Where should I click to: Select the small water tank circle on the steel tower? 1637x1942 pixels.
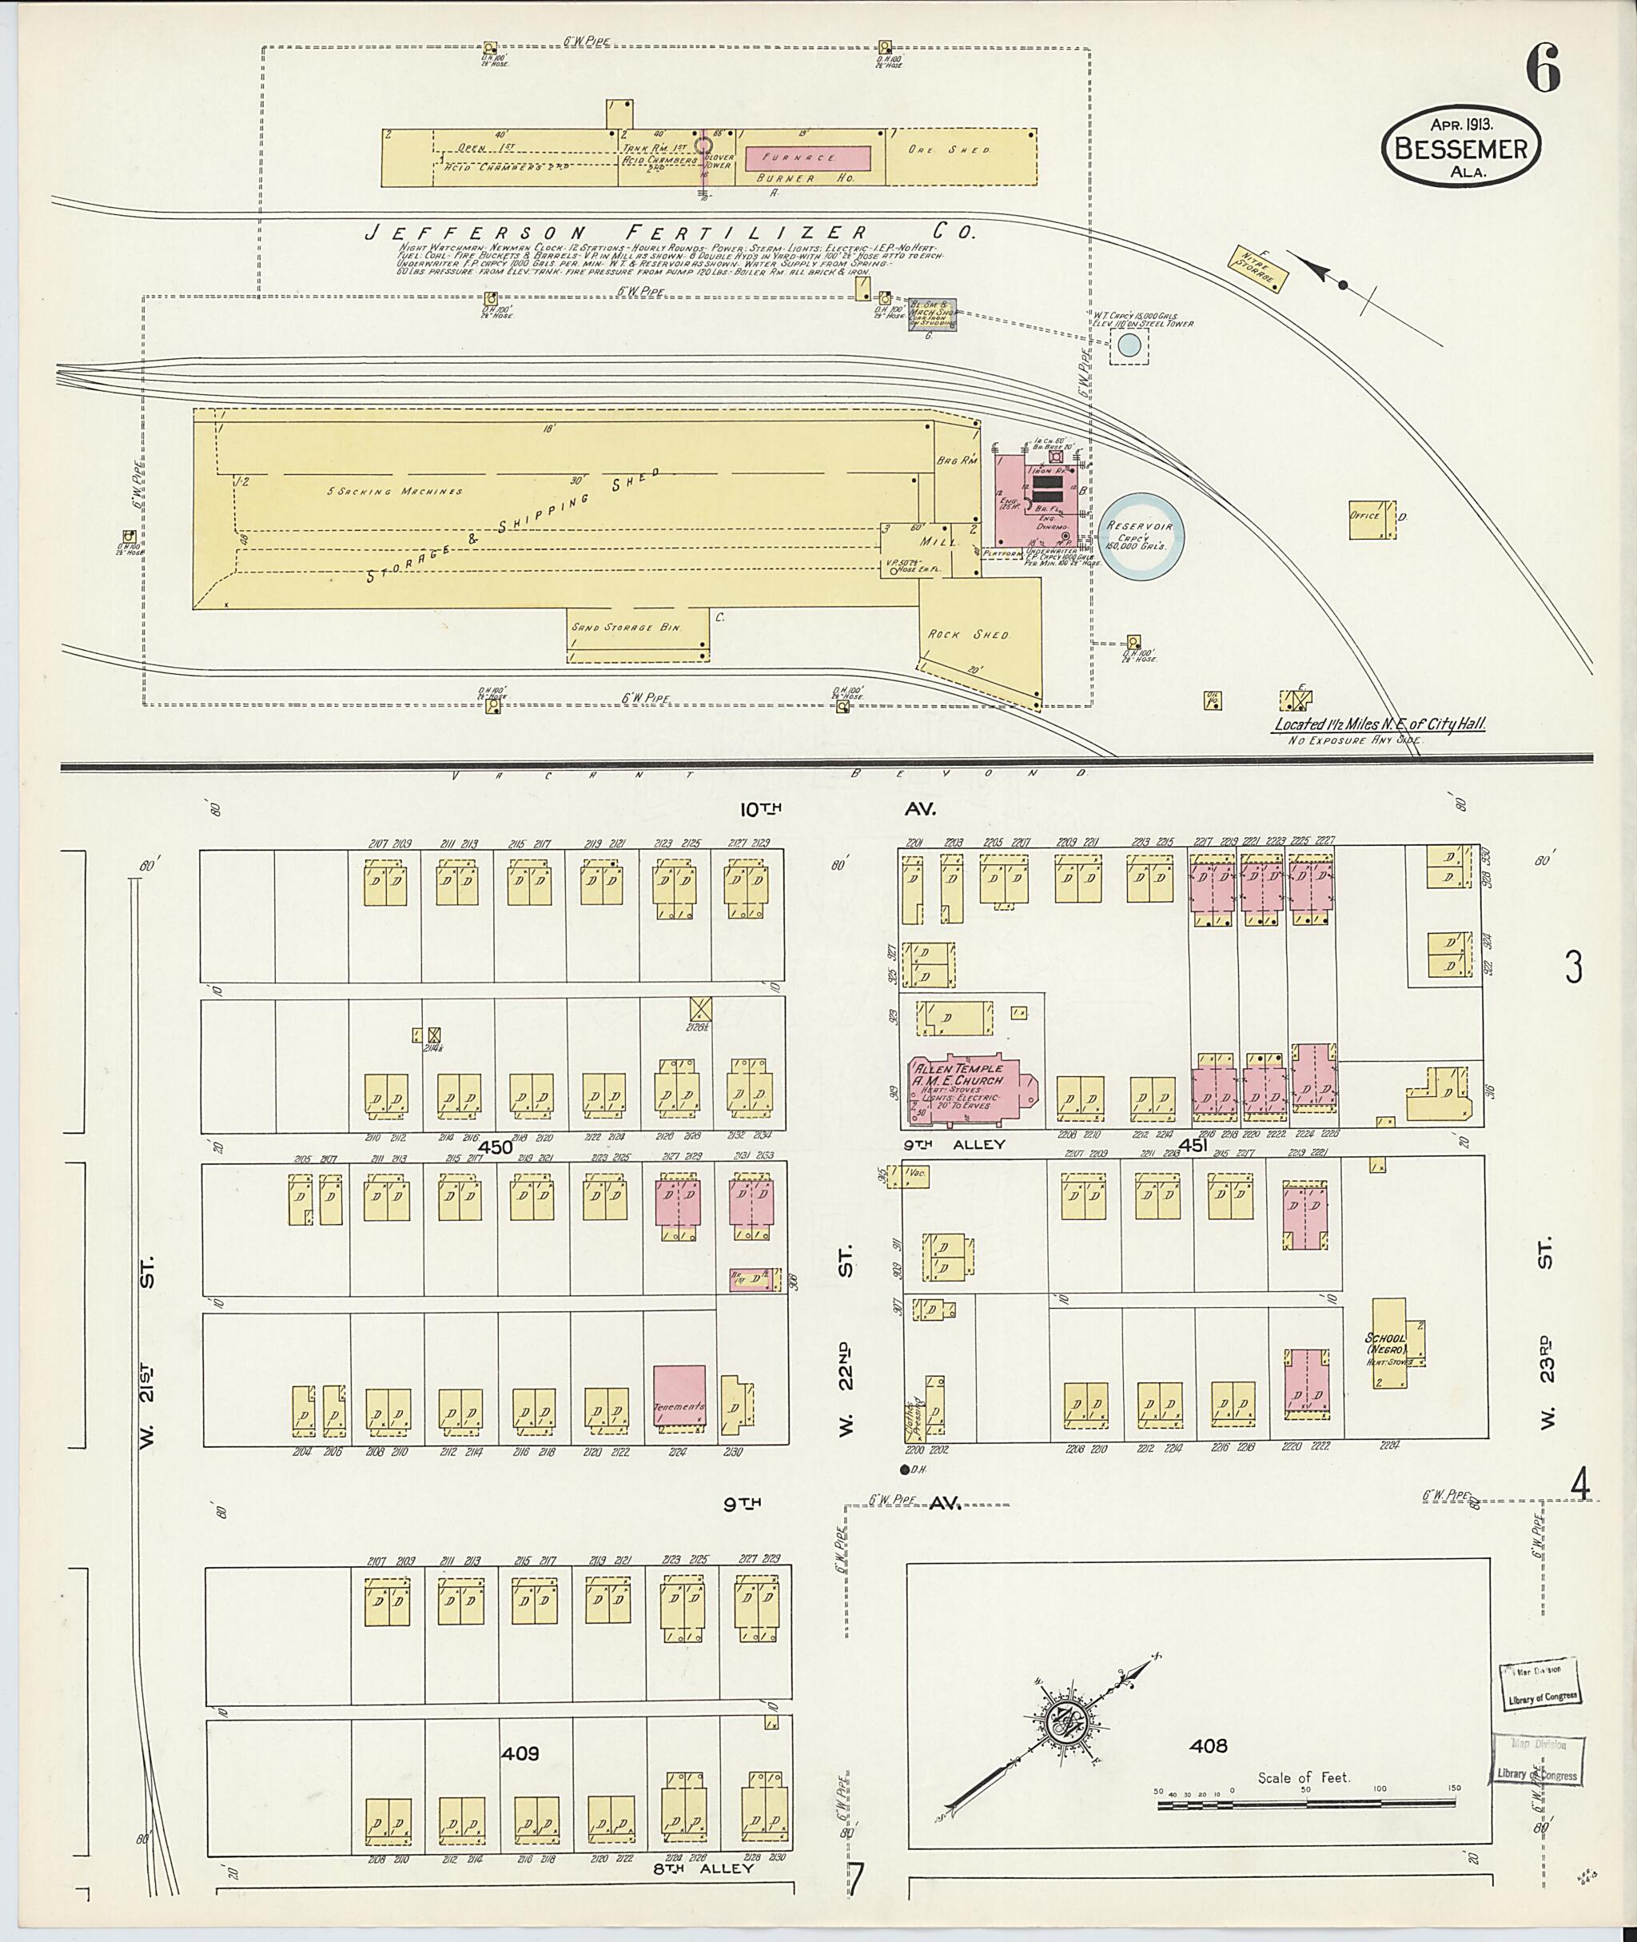click(1129, 345)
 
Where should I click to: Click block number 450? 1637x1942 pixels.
click(496, 1147)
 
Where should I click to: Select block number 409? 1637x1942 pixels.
click(519, 1753)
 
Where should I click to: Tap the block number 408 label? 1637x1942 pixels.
click(1209, 1746)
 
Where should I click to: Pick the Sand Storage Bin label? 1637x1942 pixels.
click(627, 628)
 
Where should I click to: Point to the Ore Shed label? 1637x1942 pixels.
click(962, 150)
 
